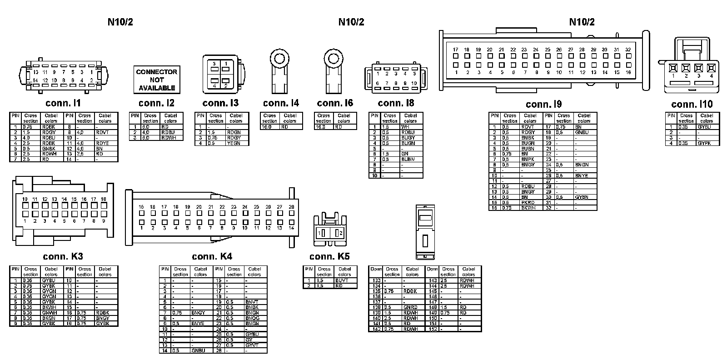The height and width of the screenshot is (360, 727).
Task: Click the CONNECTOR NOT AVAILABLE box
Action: point(156,80)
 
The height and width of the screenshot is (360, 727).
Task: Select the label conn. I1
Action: point(63,103)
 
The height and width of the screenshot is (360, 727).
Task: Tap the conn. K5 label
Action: point(329,256)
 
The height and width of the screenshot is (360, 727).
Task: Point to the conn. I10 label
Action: point(692,104)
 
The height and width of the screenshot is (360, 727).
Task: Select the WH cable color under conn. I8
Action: point(405,127)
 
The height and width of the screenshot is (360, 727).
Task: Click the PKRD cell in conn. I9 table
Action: point(528,203)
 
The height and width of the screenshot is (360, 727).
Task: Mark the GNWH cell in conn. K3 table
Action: point(49,313)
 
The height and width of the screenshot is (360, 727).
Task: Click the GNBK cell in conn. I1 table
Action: point(49,149)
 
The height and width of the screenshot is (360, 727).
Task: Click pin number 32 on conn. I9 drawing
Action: point(628,50)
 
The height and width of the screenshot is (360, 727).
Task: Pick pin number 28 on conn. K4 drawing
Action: point(291,207)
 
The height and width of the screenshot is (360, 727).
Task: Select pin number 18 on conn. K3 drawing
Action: point(104,199)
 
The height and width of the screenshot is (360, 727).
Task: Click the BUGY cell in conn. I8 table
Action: point(408,138)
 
